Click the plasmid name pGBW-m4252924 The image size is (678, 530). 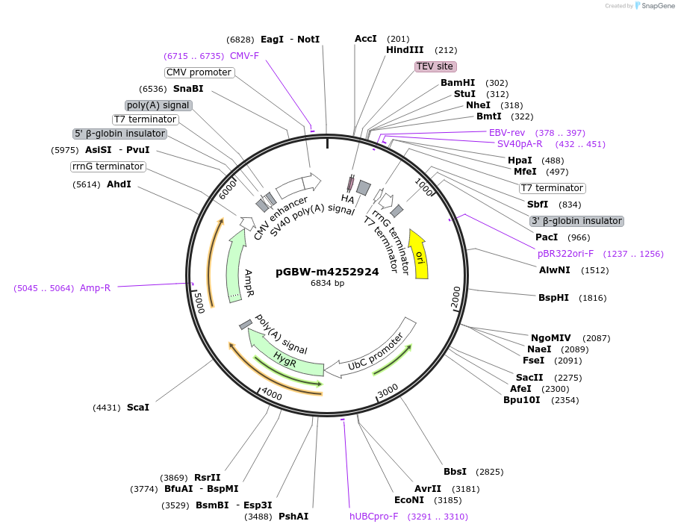click(327, 272)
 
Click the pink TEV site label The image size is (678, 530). click(435, 66)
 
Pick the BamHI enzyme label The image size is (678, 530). click(458, 83)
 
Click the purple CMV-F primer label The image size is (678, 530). click(244, 56)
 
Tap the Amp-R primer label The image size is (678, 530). click(95, 288)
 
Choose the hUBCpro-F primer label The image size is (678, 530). click(374, 516)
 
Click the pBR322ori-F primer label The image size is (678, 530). click(565, 254)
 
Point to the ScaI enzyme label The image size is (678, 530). click(138, 408)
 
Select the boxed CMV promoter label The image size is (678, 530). click(199, 72)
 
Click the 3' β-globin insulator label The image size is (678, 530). click(576, 221)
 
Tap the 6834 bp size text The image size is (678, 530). click(327, 284)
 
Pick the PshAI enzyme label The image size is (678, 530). click(293, 516)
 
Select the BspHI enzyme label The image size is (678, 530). click(553, 298)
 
